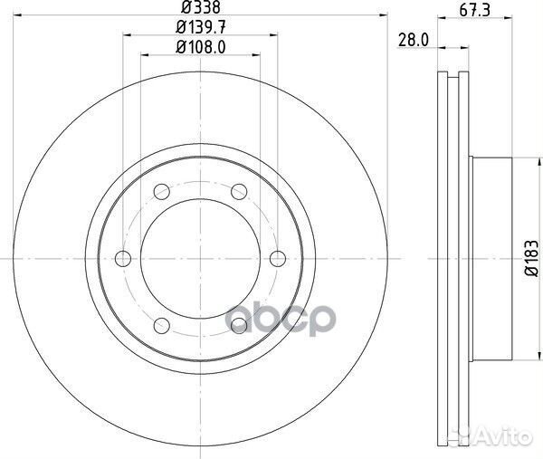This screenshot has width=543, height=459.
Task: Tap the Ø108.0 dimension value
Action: click(200, 47)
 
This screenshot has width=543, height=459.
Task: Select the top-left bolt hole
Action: click(163, 192)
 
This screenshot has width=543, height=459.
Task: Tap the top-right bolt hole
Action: click(239, 192)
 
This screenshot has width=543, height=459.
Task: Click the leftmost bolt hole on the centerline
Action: click(125, 258)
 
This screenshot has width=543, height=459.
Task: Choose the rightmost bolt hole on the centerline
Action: click(277, 258)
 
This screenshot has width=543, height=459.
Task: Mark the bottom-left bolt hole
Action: click(163, 324)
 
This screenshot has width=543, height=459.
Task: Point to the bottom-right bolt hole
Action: click(239, 324)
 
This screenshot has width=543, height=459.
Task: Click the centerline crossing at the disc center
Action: click(201, 258)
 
